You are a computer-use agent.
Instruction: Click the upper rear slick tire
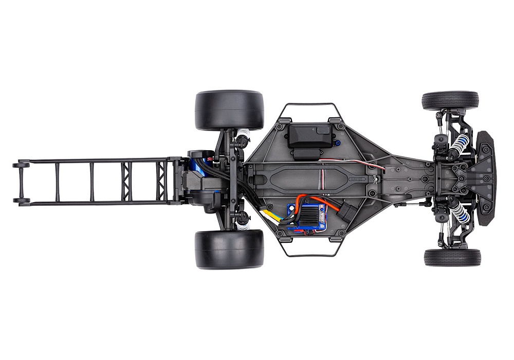[x=229, y=110]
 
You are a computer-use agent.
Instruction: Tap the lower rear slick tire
[x=229, y=249]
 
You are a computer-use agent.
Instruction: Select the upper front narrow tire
[x=450, y=100]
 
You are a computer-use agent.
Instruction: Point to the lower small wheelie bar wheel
[x=21, y=201]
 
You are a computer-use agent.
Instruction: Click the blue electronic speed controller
[x=307, y=218]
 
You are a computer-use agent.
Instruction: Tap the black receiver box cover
[x=309, y=135]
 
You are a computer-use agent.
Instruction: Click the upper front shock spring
[x=460, y=147]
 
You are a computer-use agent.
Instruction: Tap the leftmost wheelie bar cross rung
[x=57, y=182]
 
